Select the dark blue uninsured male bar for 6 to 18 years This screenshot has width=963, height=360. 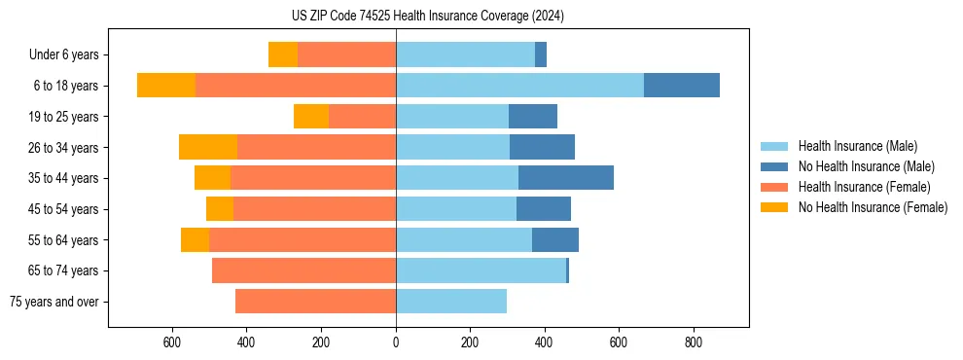681,86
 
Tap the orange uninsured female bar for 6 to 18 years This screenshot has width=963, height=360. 166,86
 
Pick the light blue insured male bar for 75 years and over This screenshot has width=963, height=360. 451,302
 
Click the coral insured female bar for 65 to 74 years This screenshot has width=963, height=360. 303,270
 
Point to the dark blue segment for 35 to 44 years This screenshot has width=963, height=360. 566,178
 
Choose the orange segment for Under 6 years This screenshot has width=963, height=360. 283,55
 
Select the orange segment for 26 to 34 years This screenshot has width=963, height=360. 208,148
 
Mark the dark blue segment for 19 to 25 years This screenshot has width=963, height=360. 533,117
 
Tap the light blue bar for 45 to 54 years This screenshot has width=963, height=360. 456,209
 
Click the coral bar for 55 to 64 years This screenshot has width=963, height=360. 303,240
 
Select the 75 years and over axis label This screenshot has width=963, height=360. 53,302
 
